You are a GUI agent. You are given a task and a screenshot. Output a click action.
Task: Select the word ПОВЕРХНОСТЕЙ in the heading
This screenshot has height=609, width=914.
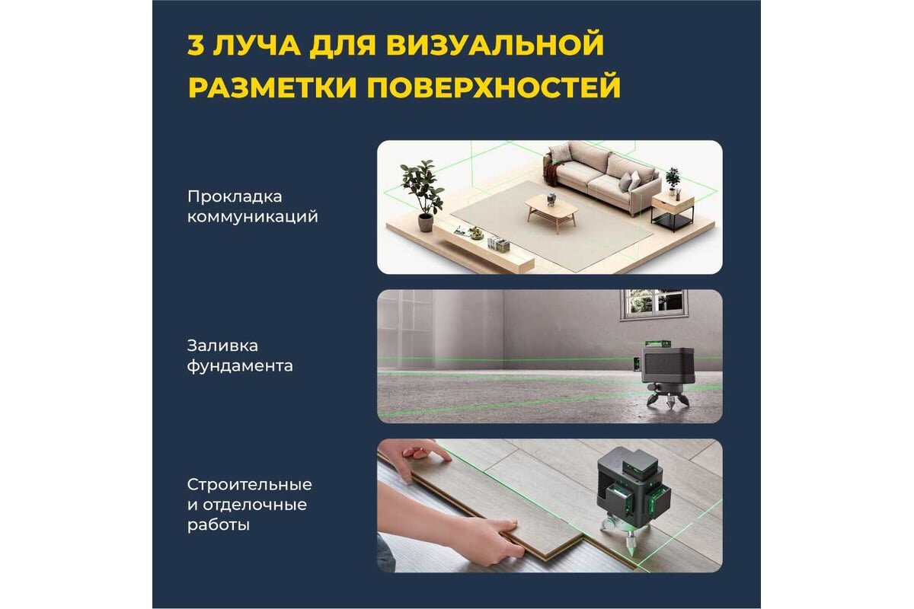click(x=494, y=87)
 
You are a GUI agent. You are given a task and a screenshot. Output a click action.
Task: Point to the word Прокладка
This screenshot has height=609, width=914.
click(x=235, y=197)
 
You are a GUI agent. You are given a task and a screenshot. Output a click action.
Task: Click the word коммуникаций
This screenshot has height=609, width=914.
click(x=253, y=217)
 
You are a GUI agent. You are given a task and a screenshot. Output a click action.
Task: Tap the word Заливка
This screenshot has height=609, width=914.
click(x=222, y=346)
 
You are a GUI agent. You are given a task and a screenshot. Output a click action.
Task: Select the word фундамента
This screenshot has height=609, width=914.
click(x=240, y=366)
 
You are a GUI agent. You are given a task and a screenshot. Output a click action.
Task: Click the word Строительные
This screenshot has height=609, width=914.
click(x=249, y=485)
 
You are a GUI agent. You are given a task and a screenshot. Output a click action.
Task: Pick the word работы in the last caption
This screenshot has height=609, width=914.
click(x=219, y=525)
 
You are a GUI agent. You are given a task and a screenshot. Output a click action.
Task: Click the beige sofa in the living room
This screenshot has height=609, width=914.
click(x=601, y=177)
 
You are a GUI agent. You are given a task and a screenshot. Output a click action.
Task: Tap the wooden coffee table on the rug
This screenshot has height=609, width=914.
click(x=551, y=211)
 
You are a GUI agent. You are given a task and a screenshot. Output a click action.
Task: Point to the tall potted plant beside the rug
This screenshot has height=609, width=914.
click(x=423, y=194)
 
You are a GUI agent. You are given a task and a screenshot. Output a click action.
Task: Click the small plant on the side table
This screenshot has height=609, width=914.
click(x=673, y=180)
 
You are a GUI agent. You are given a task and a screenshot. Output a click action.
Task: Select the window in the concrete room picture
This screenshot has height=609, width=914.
click(x=654, y=304)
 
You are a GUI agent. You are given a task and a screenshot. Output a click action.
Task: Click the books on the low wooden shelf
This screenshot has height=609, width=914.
click(x=499, y=244)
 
